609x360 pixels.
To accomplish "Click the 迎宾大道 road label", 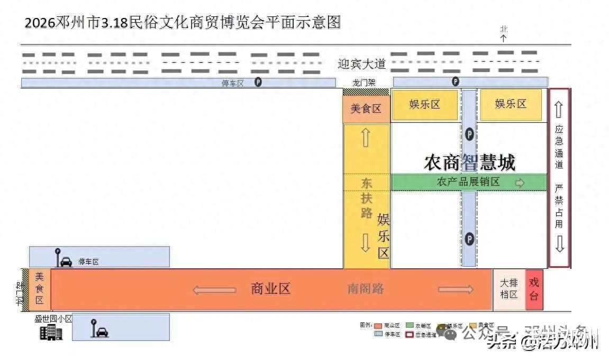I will pos(362,64).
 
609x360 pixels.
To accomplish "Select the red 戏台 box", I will pos(534,290).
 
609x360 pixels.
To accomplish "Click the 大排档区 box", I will pos(508,290).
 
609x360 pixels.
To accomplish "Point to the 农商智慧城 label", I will pos(469,163).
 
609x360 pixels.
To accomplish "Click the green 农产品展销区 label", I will pos(468,182).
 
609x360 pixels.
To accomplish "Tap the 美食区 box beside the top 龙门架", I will pos(366,109).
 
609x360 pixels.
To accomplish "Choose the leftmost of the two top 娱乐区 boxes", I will pos(425,104).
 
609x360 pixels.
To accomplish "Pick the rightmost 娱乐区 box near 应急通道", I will pos(511,104).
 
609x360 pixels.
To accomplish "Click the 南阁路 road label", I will pos(366,289).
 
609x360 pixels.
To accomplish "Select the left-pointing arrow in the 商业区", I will pos(214,290).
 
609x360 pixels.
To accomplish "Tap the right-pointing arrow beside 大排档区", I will pos(456,289).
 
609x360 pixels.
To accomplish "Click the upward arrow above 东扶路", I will pos(366,138).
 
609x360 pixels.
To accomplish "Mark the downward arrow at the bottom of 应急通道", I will pos(559,244).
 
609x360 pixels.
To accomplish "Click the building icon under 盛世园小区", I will pos(51,332).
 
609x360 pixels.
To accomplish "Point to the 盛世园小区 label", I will pos(53,319).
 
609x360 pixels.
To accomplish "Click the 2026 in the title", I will pos(40,23).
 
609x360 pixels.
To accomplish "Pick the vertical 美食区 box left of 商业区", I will pos(40,289).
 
